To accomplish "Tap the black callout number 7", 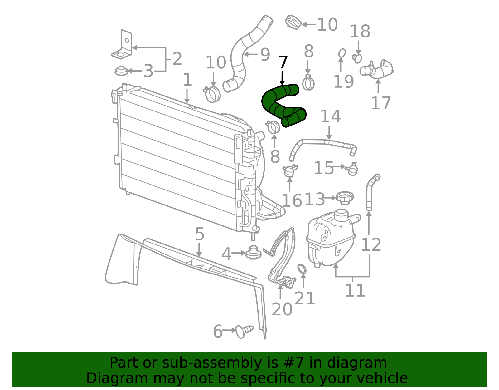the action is [x=283, y=62].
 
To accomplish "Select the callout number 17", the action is [x=381, y=103].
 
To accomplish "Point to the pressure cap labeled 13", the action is [x=345, y=198].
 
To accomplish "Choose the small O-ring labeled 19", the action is [x=342, y=53].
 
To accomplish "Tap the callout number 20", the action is [x=282, y=309].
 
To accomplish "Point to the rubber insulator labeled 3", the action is [x=121, y=71].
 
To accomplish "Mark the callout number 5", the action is [x=200, y=234].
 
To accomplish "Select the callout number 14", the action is [x=331, y=116].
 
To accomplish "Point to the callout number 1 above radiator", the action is [x=187, y=80].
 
